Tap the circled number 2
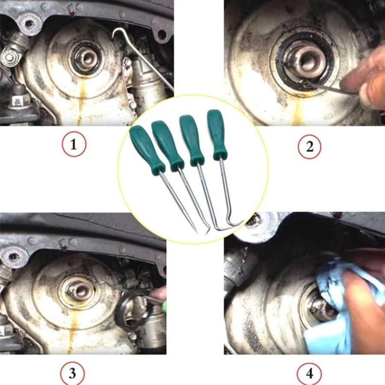(x=309, y=146)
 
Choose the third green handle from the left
(x=191, y=139)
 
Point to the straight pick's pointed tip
(x=196, y=231)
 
